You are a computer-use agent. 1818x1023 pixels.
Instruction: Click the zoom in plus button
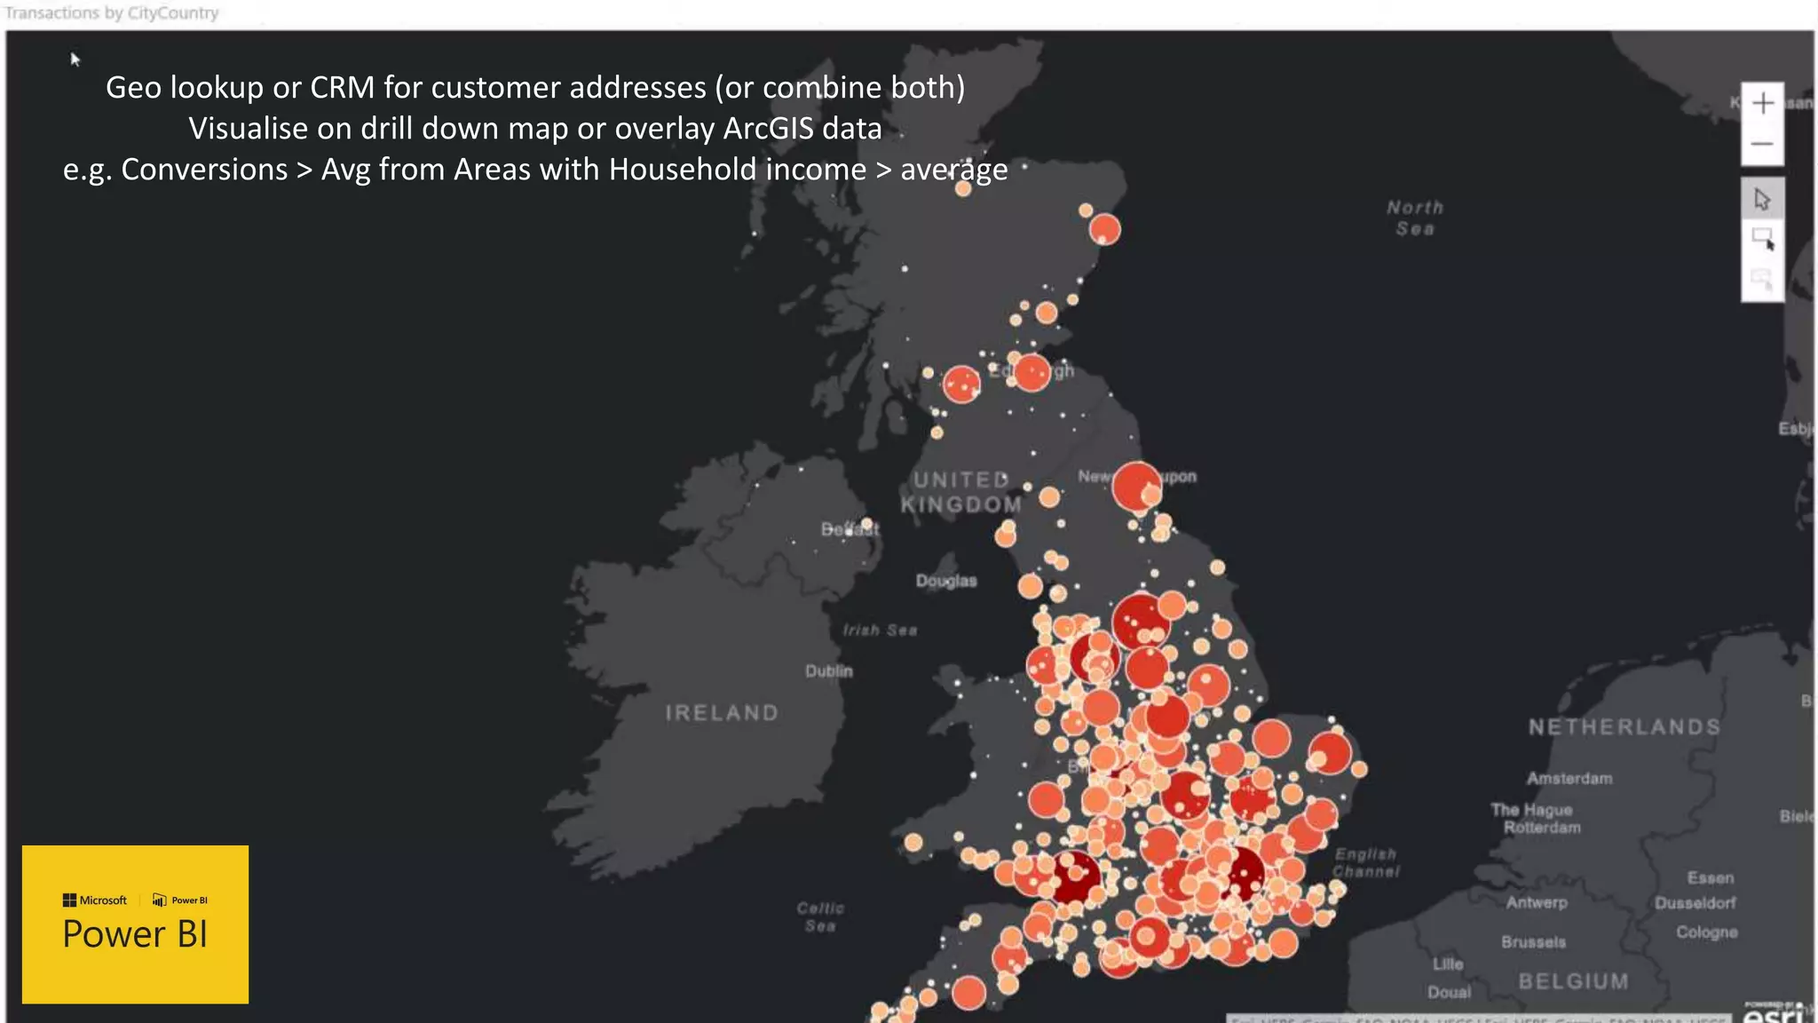(1762, 104)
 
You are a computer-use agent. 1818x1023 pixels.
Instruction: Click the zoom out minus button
(1762, 144)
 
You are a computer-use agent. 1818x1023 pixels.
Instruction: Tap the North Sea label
(1415, 218)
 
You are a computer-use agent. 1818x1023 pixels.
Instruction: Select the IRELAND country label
(722, 712)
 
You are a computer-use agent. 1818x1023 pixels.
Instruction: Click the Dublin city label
(828, 671)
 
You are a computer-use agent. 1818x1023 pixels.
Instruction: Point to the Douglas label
(946, 581)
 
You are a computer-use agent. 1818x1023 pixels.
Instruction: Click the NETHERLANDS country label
(1624, 727)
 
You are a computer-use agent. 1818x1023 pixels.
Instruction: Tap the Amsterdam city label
(1569, 779)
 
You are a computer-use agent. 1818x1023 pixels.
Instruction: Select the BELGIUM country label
(1573, 981)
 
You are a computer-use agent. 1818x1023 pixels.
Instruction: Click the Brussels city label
(1533, 942)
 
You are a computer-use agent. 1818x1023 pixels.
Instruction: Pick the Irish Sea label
(880, 630)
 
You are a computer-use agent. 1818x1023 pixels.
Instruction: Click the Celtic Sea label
(820, 916)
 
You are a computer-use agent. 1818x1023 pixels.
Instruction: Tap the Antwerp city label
(1537, 902)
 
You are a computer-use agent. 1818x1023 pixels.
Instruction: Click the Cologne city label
(1706, 932)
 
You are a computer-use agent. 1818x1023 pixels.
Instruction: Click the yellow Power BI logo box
(135, 924)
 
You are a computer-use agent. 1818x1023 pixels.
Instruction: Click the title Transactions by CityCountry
(112, 13)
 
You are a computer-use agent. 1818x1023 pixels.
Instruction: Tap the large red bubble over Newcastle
(1135, 485)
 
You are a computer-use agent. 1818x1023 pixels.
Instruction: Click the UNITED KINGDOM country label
(961, 492)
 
